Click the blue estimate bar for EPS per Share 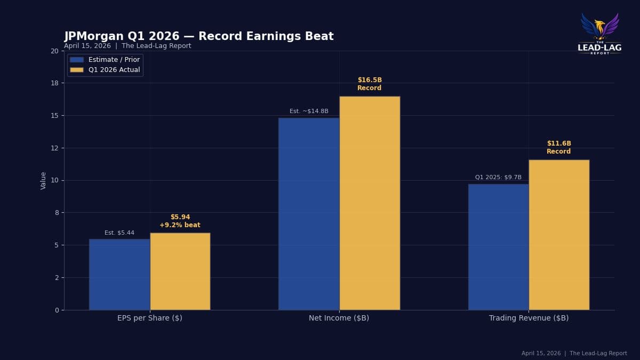click(119, 274)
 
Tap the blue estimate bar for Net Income click(309, 213)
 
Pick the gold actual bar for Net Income click(370, 203)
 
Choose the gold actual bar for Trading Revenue click(559, 235)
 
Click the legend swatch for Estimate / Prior click(77, 60)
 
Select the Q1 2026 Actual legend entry click(114, 70)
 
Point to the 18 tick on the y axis click(54, 83)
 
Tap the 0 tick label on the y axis click(56, 310)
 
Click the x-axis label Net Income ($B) click(339, 318)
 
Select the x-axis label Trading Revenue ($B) click(529, 318)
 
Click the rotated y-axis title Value click(44, 180)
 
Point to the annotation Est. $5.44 click(119, 233)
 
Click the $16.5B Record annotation click(370, 84)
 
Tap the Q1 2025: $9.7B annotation click(498, 178)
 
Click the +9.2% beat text click(180, 226)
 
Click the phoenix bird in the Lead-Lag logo click(600, 27)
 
